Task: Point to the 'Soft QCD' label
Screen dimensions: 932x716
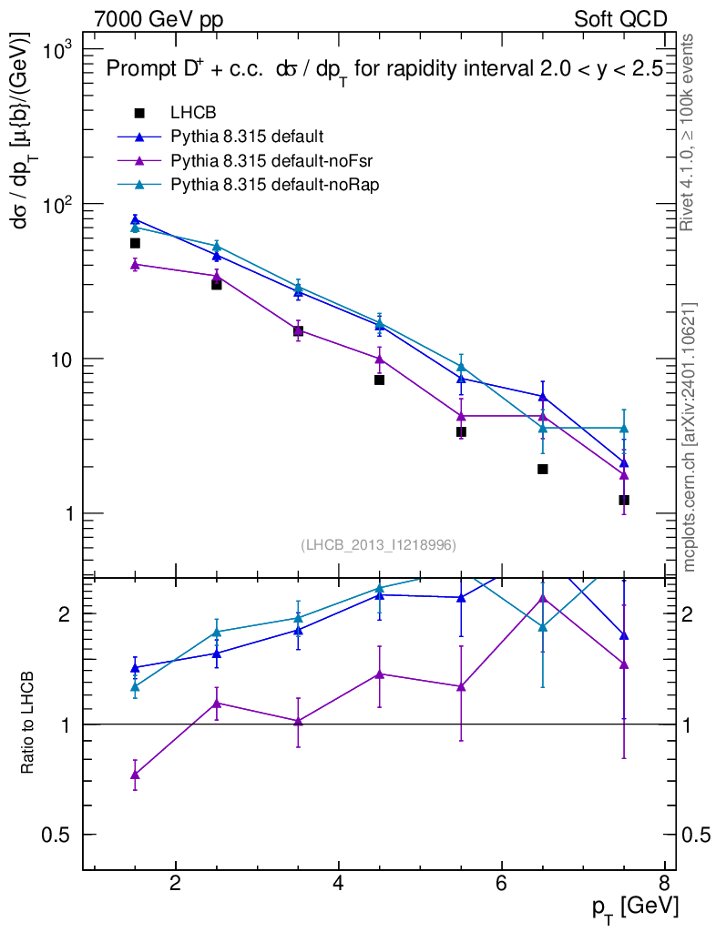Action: click(620, 19)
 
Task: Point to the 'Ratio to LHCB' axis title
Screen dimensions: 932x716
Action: click(28, 724)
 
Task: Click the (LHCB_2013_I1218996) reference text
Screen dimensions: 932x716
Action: click(378, 544)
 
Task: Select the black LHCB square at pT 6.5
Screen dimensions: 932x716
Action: click(542, 469)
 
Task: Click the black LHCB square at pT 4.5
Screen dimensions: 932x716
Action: click(379, 380)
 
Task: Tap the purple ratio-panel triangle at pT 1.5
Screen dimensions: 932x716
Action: click(135, 775)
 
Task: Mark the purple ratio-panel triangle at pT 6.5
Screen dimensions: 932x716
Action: click(542, 598)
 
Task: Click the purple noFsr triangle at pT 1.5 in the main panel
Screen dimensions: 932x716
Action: click(135, 264)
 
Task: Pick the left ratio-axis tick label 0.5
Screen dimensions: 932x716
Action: click(62, 835)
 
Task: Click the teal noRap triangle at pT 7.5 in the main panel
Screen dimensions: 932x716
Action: click(624, 428)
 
